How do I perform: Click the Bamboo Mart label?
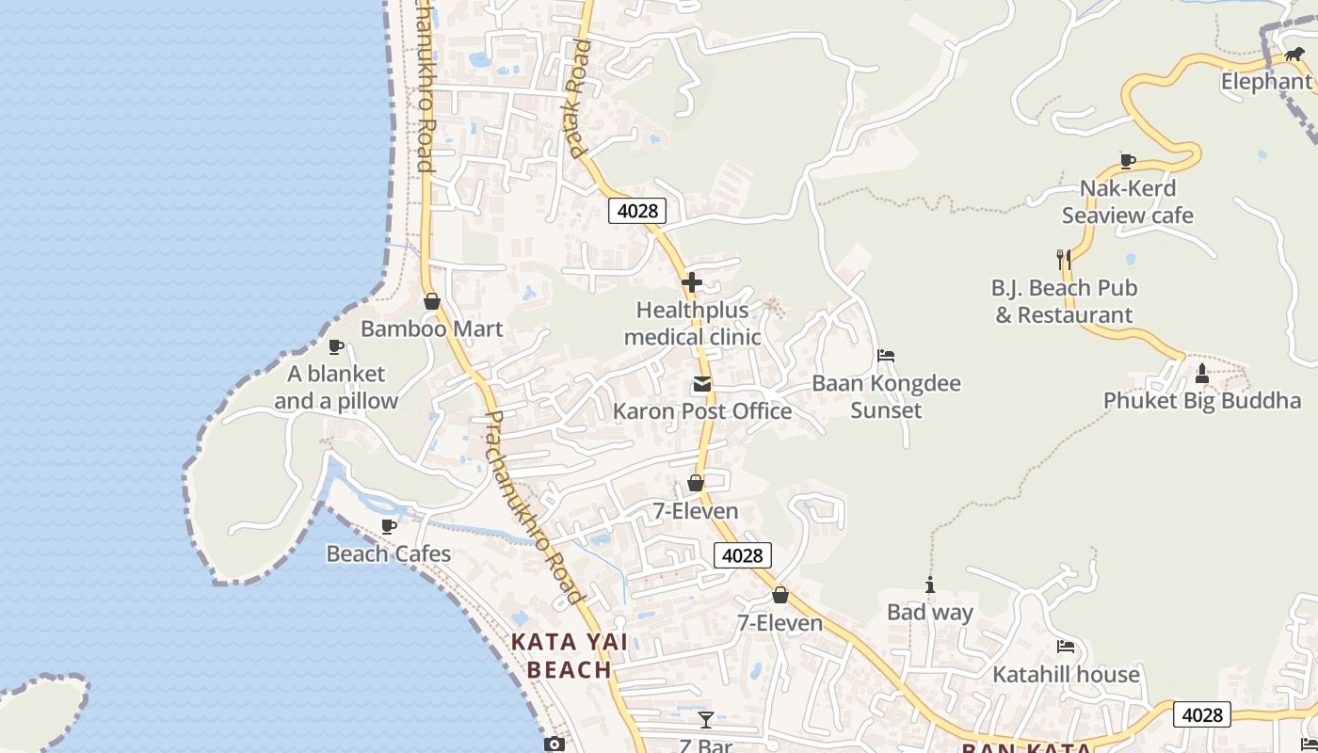pos(432,329)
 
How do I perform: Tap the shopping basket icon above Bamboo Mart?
pos(432,301)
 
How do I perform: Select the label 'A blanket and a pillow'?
pos(336,387)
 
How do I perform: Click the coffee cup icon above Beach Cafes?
pos(388,526)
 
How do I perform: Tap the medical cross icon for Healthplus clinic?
pos(692,282)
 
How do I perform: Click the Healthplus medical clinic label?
pos(692,323)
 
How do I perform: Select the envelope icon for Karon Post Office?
pos(702,384)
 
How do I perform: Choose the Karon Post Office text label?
pos(702,411)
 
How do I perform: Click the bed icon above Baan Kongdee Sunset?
pos(885,356)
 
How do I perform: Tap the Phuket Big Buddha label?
pos(1202,401)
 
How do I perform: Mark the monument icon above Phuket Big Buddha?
pos(1201,374)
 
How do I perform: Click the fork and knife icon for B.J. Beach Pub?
pos(1064,259)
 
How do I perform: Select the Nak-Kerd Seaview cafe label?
pos(1128,201)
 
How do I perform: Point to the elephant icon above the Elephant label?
pos(1294,55)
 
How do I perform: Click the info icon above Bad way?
pos(930,585)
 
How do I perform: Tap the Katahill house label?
pos(1066,675)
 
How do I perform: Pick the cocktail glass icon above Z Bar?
pos(706,720)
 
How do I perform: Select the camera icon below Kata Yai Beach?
pos(555,745)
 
